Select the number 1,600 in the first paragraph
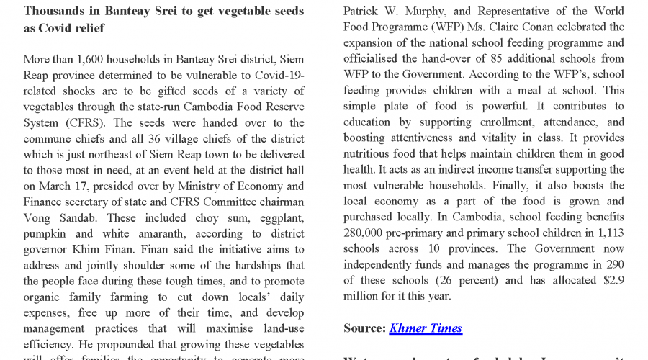[96, 59]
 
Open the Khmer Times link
[426, 328]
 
